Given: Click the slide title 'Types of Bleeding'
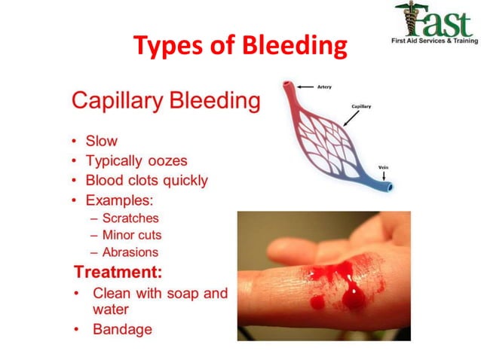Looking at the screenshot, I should pos(240,47).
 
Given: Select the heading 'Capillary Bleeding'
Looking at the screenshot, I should pos(165,100).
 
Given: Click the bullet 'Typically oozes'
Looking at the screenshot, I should pos(136,161).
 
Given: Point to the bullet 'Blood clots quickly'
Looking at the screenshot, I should pos(146,181).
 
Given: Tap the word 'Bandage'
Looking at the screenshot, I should pos(122,329).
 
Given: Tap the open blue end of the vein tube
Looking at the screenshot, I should pos(390,185).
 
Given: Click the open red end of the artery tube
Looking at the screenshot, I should pos(286,85).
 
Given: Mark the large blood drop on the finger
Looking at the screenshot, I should pos(352,297).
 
